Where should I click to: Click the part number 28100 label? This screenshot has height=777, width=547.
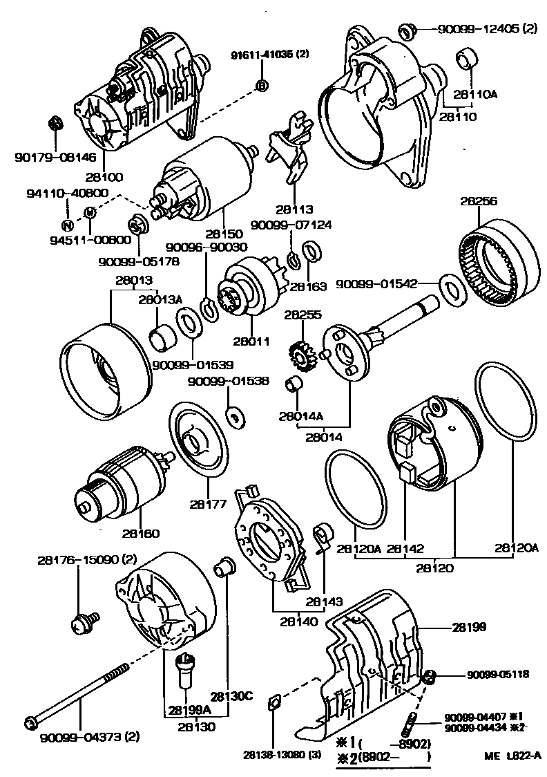pyautogui.click(x=103, y=178)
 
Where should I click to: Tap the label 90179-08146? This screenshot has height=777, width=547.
pyautogui.click(x=46, y=158)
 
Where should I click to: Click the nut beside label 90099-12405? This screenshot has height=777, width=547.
pyautogui.click(x=407, y=30)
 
